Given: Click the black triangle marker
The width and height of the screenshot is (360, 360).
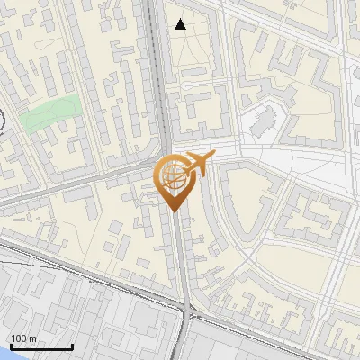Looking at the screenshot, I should [181, 24].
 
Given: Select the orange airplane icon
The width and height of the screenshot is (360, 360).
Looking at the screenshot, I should [198, 164].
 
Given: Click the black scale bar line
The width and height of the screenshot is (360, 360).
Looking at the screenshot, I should [40, 347].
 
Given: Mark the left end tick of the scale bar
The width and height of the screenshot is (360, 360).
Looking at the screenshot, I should [10, 346].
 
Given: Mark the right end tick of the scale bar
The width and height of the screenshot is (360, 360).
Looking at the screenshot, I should [72, 346].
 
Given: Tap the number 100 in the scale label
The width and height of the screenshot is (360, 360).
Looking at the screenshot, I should [19, 338].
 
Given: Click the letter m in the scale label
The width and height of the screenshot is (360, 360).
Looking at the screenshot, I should [32, 338].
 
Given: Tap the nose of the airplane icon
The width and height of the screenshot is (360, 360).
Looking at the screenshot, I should [213, 157].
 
